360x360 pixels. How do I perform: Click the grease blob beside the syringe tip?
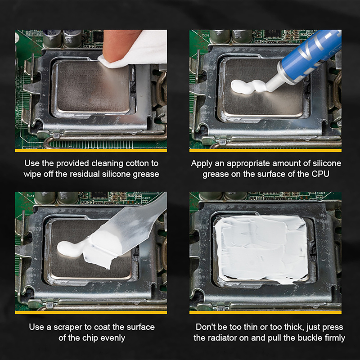[x=248, y=86]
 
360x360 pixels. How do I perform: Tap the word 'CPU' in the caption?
[x=320, y=174]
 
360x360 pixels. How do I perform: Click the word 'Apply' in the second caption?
[x=202, y=164]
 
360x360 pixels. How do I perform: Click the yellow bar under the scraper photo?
[x=91, y=312]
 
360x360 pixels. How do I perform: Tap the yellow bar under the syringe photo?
[x=265, y=151]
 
